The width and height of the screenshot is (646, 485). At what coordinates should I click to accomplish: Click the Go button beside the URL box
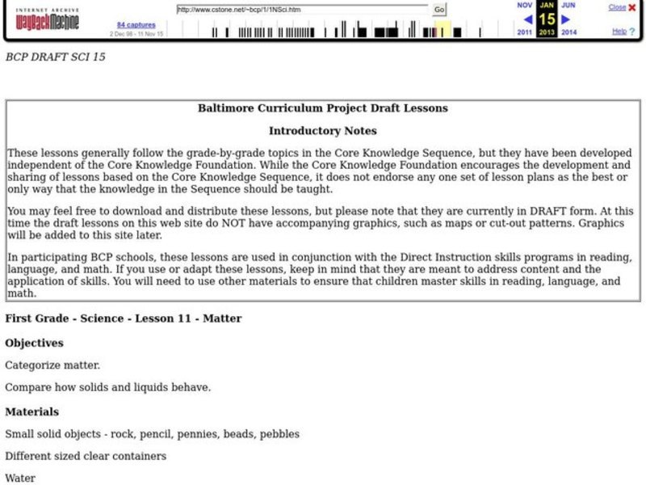(x=439, y=10)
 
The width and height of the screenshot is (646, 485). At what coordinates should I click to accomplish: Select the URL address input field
(x=302, y=10)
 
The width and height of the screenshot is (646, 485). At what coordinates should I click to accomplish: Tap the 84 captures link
(x=136, y=25)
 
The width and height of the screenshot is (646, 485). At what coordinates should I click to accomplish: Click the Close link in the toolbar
(x=617, y=7)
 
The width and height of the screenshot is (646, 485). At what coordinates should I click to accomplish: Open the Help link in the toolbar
(x=619, y=32)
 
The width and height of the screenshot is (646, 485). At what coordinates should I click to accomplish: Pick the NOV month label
(x=525, y=5)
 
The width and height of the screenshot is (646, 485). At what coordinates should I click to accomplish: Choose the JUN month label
(x=568, y=5)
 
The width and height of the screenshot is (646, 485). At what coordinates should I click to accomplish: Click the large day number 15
(x=547, y=19)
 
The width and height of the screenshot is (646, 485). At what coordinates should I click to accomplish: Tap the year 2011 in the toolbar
(x=525, y=32)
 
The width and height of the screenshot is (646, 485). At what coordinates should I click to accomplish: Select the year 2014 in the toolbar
(x=568, y=32)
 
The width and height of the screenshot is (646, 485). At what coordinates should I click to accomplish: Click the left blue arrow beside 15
(x=527, y=19)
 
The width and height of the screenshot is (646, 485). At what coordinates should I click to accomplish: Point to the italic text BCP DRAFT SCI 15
(x=56, y=57)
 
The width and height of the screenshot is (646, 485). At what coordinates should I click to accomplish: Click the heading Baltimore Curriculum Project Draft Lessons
(x=323, y=108)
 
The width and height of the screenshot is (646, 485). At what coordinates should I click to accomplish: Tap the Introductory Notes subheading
(x=323, y=131)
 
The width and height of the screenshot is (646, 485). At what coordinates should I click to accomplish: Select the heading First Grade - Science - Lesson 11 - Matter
(x=124, y=318)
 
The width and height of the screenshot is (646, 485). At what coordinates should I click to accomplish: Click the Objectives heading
(x=35, y=343)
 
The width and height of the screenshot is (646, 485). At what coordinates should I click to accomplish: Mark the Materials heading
(x=31, y=411)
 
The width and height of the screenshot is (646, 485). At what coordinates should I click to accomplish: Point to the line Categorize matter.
(x=52, y=365)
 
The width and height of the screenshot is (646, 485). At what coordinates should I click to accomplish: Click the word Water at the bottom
(x=20, y=479)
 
